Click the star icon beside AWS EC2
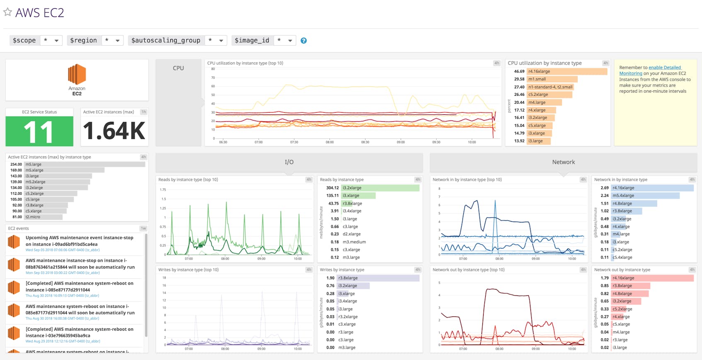[x=7, y=12]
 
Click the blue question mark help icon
[x=304, y=41]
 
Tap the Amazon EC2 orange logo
[x=77, y=75]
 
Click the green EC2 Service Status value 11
[x=39, y=131]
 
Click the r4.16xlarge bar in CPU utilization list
[x=566, y=71]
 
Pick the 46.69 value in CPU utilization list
[x=519, y=71]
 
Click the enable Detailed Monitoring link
[x=664, y=68]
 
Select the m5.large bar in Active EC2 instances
[x=85, y=164]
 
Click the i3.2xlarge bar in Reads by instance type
[x=380, y=188]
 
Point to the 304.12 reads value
[x=332, y=188]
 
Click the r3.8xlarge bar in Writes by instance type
[x=378, y=278]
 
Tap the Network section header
[x=563, y=162]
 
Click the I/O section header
[x=289, y=162]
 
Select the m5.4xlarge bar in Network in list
[x=645, y=196]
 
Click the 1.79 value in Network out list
[x=605, y=278]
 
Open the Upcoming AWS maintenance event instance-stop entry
[x=79, y=241]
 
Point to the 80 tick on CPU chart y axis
[x=213, y=69]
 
